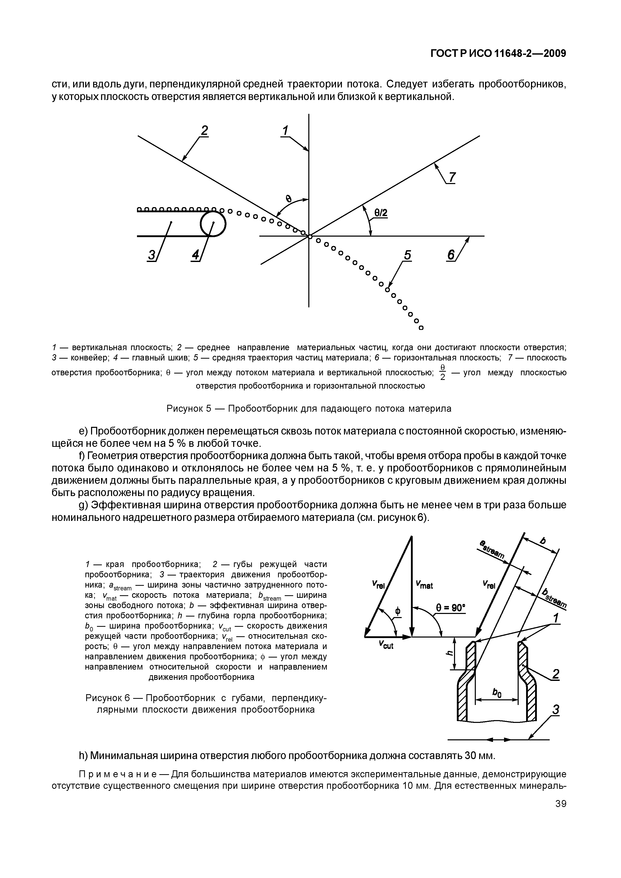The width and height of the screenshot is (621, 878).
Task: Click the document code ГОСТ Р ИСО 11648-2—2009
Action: (498, 54)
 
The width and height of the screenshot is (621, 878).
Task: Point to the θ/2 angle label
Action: (381, 213)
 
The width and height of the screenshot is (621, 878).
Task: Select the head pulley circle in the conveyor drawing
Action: (213, 224)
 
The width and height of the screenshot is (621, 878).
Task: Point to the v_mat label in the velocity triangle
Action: (424, 585)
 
